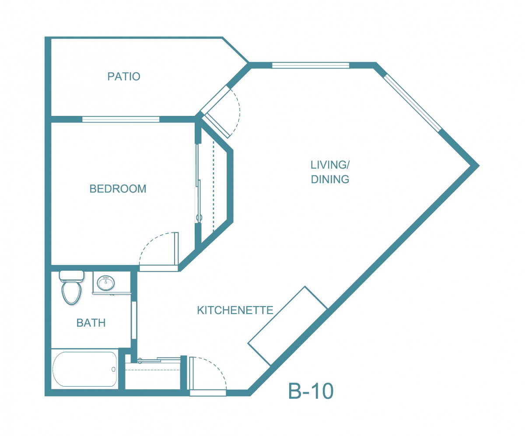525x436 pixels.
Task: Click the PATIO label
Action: click(124, 77)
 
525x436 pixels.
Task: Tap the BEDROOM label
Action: click(118, 189)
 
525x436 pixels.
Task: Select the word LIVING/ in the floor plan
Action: click(330, 165)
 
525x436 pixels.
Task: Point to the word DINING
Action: click(330, 179)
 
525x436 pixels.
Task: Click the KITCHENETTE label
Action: click(235, 310)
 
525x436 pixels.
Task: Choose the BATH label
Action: click(91, 323)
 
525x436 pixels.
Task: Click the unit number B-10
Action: click(311, 391)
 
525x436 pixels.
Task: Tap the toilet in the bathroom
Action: click(71, 287)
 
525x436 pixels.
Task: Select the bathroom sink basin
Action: click(106, 283)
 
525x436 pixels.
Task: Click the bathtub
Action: click(85, 369)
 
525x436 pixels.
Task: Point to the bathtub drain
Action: click(113, 370)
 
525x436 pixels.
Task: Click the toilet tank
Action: click(71, 276)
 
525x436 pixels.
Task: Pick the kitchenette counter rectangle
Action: click(287, 326)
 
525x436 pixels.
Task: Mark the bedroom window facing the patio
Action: click(121, 119)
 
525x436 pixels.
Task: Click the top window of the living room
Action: click(311, 65)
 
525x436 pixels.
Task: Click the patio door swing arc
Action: click(238, 113)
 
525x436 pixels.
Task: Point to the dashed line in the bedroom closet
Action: click(213, 186)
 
